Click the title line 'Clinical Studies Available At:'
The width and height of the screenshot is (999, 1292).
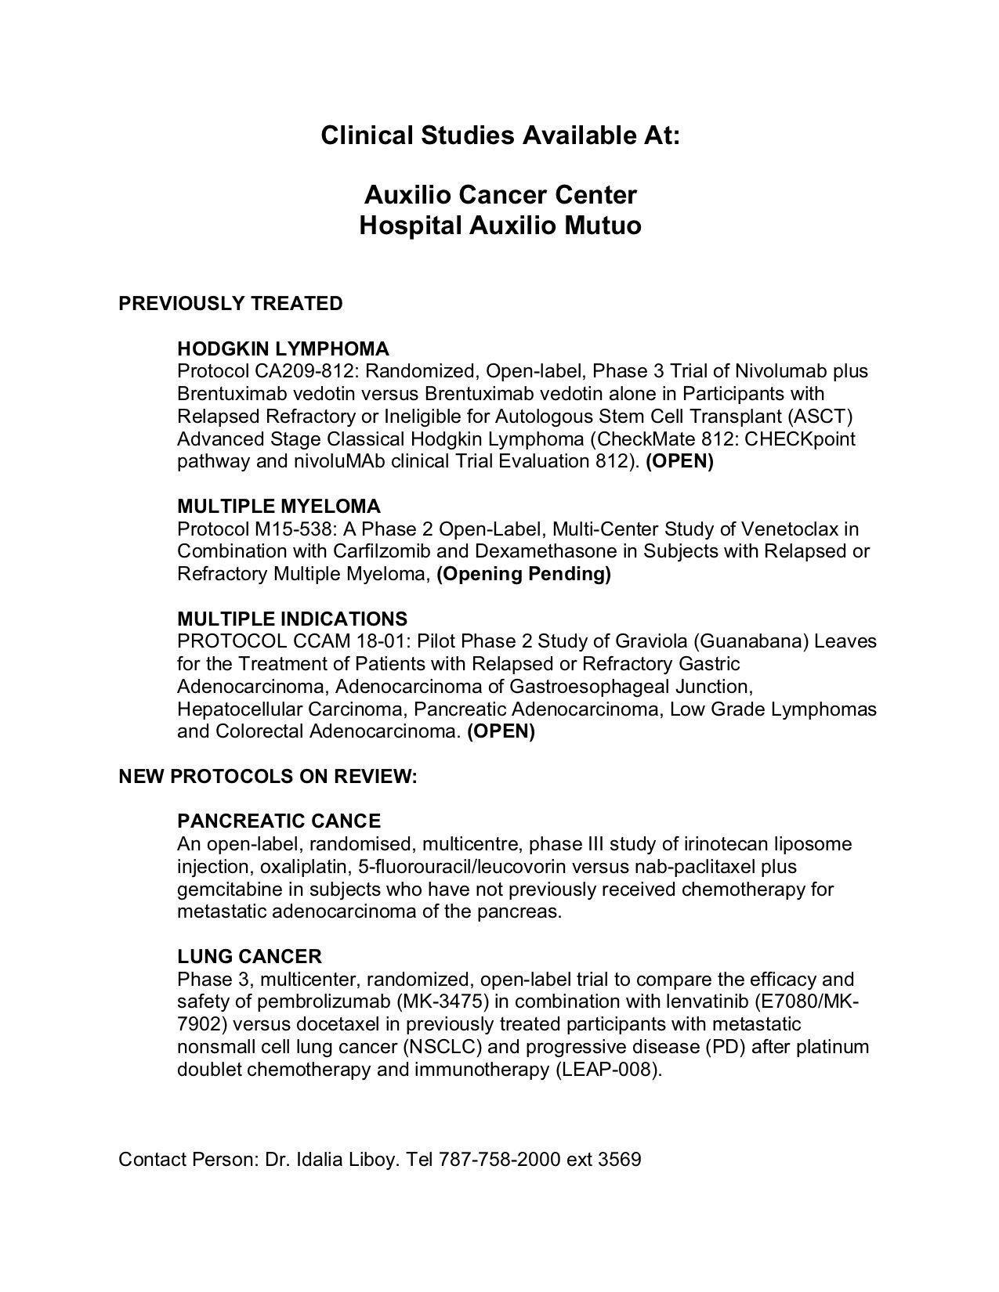pos(500,135)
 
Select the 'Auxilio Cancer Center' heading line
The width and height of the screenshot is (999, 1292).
pos(500,194)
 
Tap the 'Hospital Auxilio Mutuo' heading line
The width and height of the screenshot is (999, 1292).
pos(500,226)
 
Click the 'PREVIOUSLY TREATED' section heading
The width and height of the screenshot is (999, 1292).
pos(230,304)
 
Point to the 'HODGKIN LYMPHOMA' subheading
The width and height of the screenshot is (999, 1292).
pos(283,348)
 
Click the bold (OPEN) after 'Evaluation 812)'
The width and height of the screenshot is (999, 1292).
pos(679,461)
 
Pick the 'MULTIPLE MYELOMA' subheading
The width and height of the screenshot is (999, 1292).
pos(279,507)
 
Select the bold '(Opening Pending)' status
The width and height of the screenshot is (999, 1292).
pos(523,574)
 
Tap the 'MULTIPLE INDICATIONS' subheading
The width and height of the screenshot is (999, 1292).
pos(292,619)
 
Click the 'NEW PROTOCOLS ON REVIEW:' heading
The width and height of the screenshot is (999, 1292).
pos(268,777)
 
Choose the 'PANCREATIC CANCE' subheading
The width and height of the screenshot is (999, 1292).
pos(279,821)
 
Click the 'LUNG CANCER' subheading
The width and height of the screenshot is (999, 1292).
pos(249,957)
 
